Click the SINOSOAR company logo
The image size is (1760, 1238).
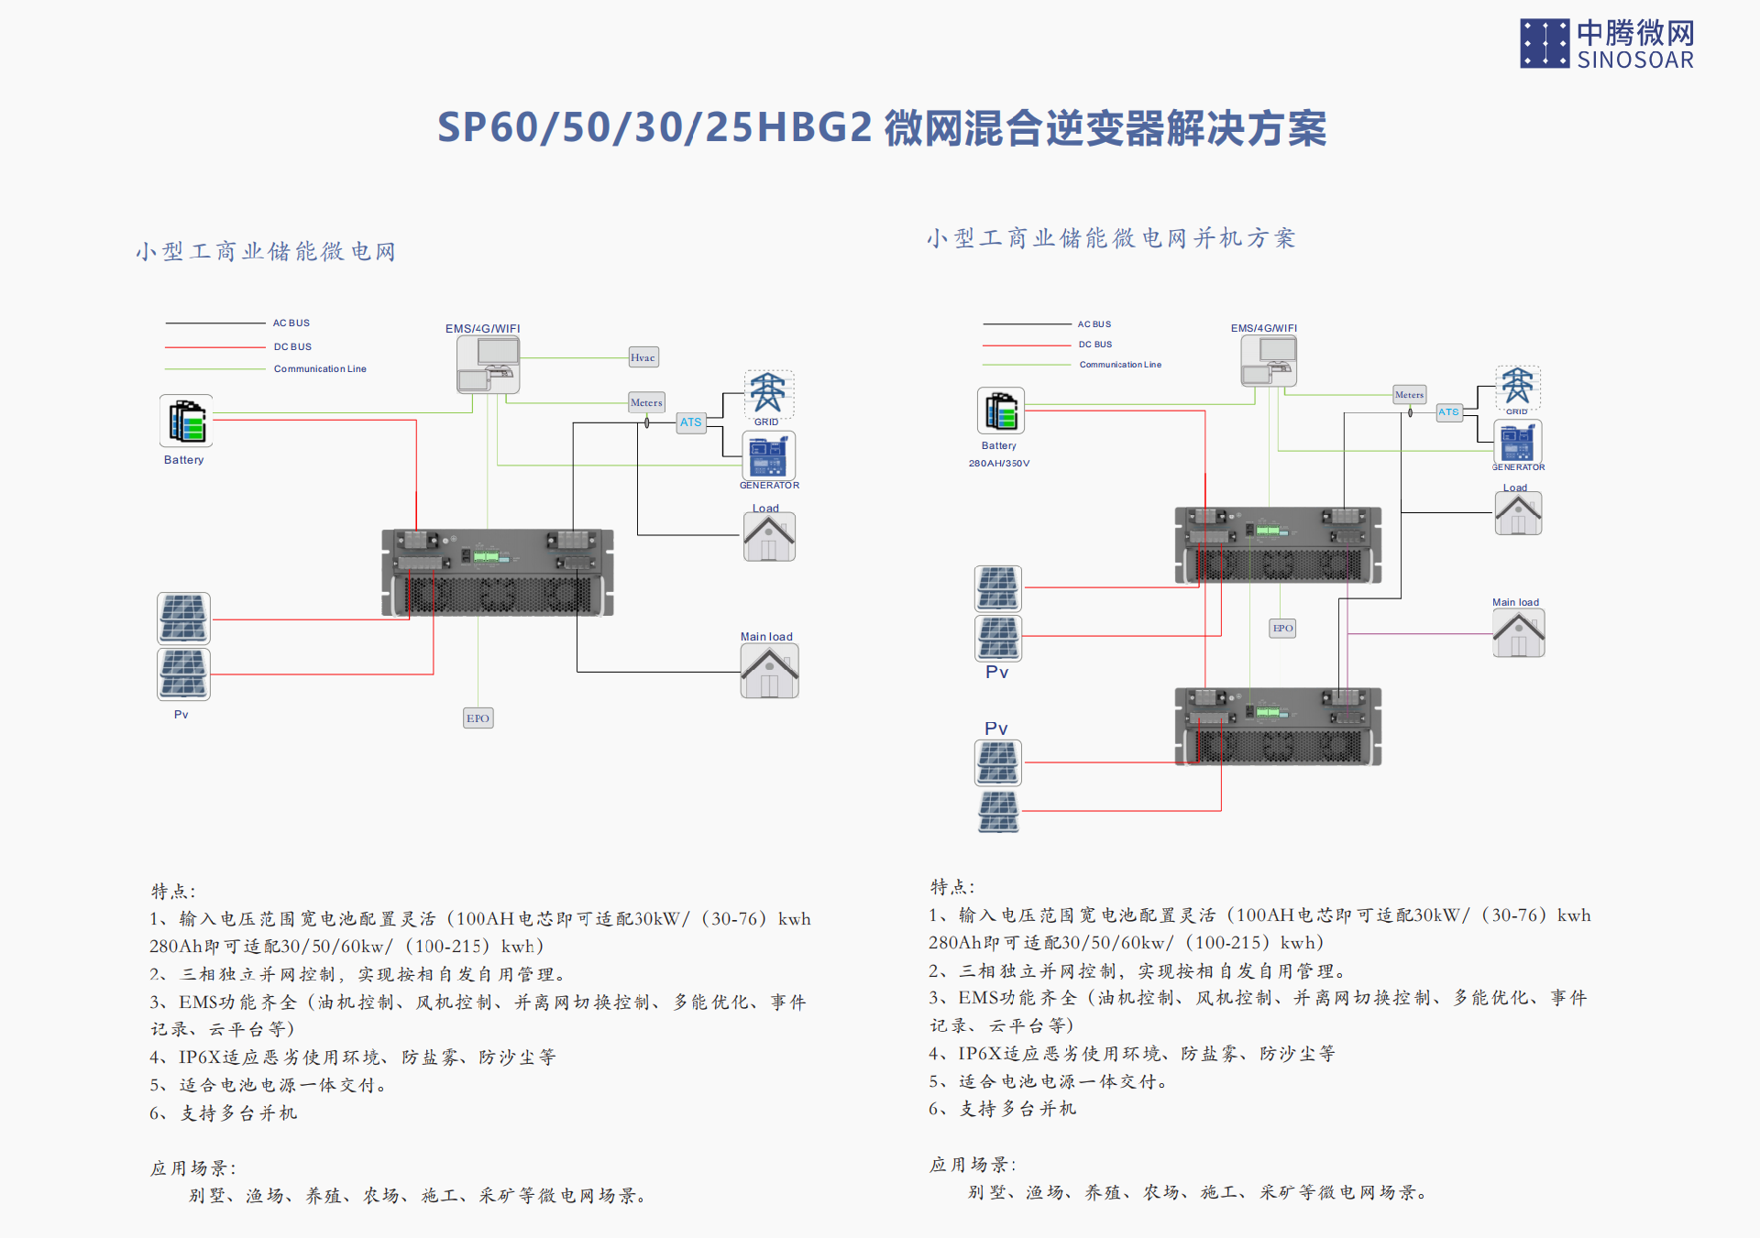pyautogui.click(x=1606, y=44)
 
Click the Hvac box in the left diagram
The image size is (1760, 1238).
pyautogui.click(x=643, y=357)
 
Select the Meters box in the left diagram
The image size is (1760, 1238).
pyautogui.click(x=646, y=402)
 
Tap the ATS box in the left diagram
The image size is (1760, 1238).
pyautogui.click(x=691, y=422)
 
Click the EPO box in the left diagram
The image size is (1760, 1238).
pyautogui.click(x=478, y=718)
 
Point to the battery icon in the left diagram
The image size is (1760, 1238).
pyautogui.click(x=186, y=421)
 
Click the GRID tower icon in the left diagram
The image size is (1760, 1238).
pyautogui.click(x=768, y=394)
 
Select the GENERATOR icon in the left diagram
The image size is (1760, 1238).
pyautogui.click(x=768, y=455)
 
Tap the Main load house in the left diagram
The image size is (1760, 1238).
pyautogui.click(x=769, y=671)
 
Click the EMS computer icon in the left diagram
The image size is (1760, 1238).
pyautogui.click(x=489, y=364)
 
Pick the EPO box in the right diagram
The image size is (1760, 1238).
pyautogui.click(x=1282, y=628)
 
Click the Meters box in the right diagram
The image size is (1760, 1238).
pyautogui.click(x=1409, y=395)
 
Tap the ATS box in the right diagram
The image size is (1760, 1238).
pyautogui.click(x=1448, y=412)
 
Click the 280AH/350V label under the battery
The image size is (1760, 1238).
pyautogui.click(x=999, y=464)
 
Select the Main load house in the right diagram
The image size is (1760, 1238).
pyautogui.click(x=1518, y=634)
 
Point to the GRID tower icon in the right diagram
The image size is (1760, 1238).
pyautogui.click(x=1517, y=386)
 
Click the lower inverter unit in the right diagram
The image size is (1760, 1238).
pyautogui.click(x=1278, y=727)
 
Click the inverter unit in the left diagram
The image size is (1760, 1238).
pyautogui.click(x=498, y=573)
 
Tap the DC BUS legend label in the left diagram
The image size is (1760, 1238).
pyautogui.click(x=292, y=346)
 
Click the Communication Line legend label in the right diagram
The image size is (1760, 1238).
pyautogui.click(x=1120, y=365)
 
